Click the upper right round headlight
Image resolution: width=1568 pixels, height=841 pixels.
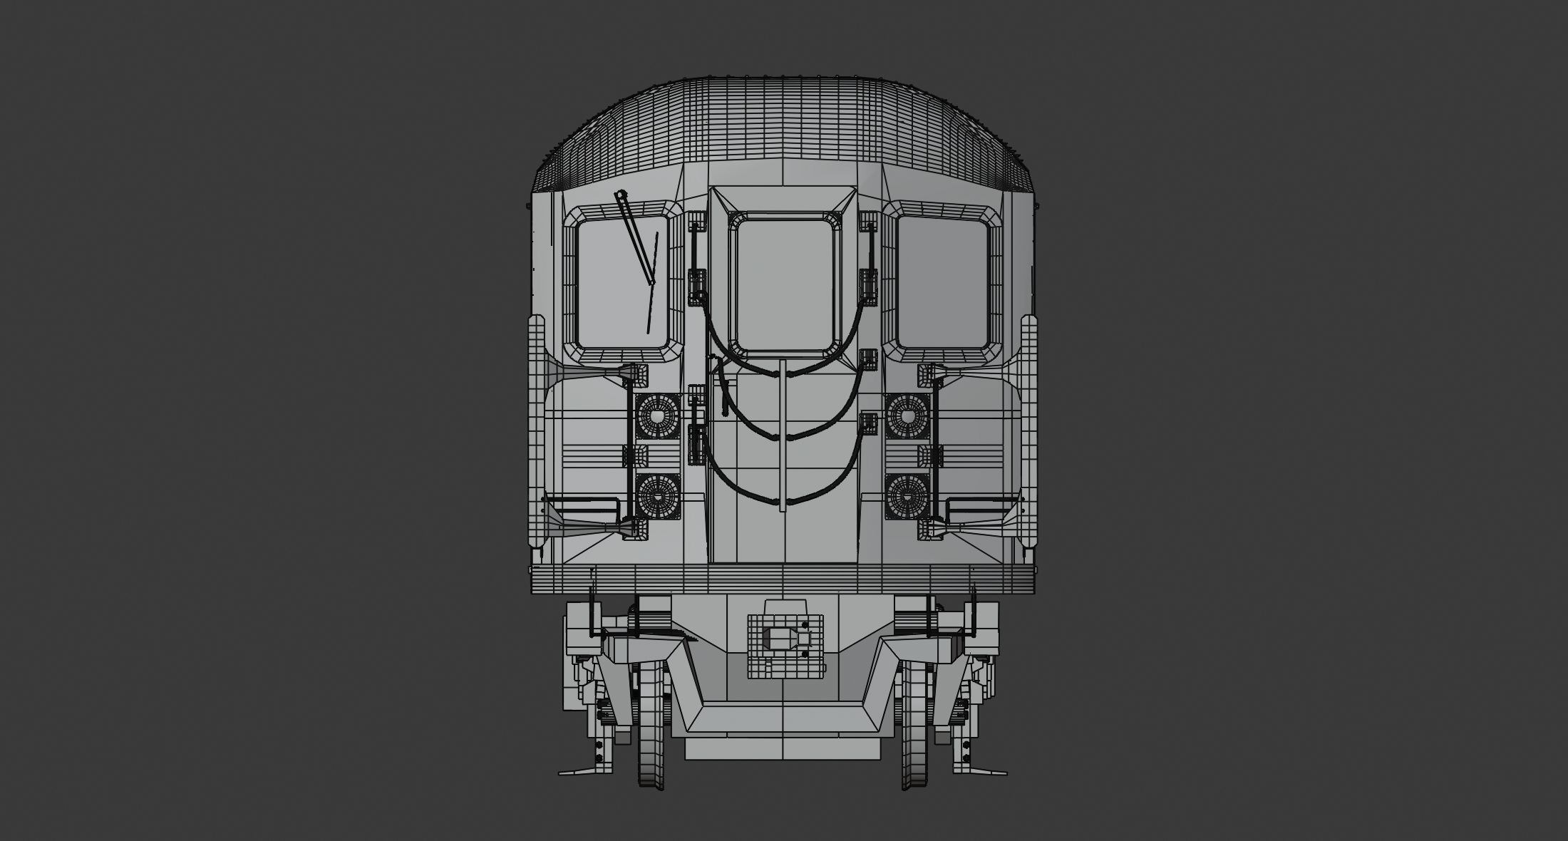click(x=907, y=415)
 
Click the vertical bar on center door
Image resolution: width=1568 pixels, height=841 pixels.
click(x=783, y=435)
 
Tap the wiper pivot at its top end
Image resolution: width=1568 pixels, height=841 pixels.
click(x=621, y=195)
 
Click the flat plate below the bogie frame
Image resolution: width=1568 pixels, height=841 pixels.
click(x=783, y=748)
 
